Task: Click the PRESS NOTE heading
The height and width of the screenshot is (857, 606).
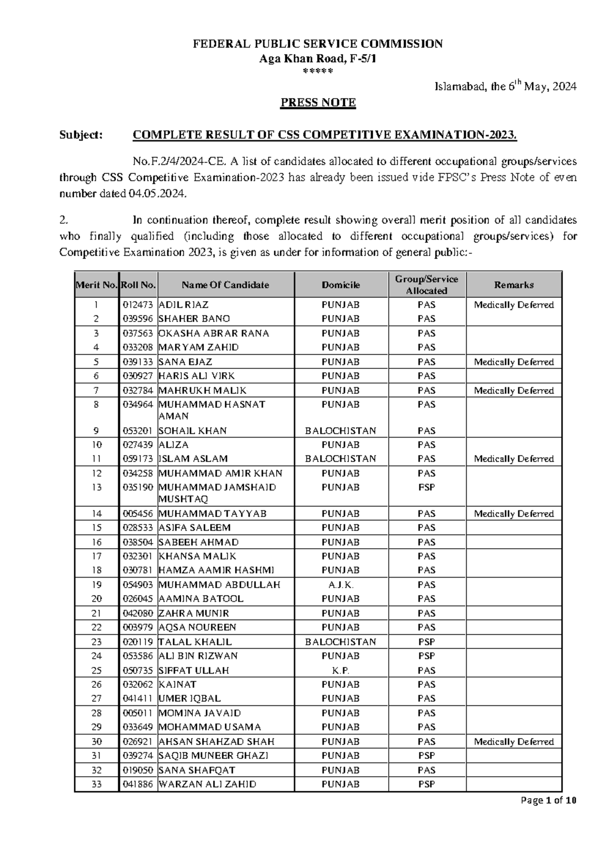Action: point(318,103)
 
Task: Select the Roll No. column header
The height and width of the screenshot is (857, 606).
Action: point(138,285)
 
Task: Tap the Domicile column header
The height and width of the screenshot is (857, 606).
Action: point(341,285)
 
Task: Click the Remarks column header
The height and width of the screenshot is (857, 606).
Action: point(514,285)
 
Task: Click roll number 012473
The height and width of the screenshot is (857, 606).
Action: point(137,305)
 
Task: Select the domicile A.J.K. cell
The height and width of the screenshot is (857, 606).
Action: point(341,585)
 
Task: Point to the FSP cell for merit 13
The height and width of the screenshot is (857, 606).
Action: point(426,487)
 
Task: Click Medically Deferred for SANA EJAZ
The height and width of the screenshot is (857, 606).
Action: point(514,362)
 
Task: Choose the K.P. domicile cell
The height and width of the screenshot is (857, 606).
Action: point(341,671)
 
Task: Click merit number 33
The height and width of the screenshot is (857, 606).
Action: point(96,784)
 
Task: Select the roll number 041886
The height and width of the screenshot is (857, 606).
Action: point(137,784)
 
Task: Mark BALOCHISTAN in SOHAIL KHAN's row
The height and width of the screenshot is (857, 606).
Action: point(341,431)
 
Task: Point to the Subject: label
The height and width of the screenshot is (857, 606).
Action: point(81,135)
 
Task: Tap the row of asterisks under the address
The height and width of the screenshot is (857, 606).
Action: point(318,71)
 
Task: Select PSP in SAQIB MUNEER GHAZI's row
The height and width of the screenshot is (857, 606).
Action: point(426,755)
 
